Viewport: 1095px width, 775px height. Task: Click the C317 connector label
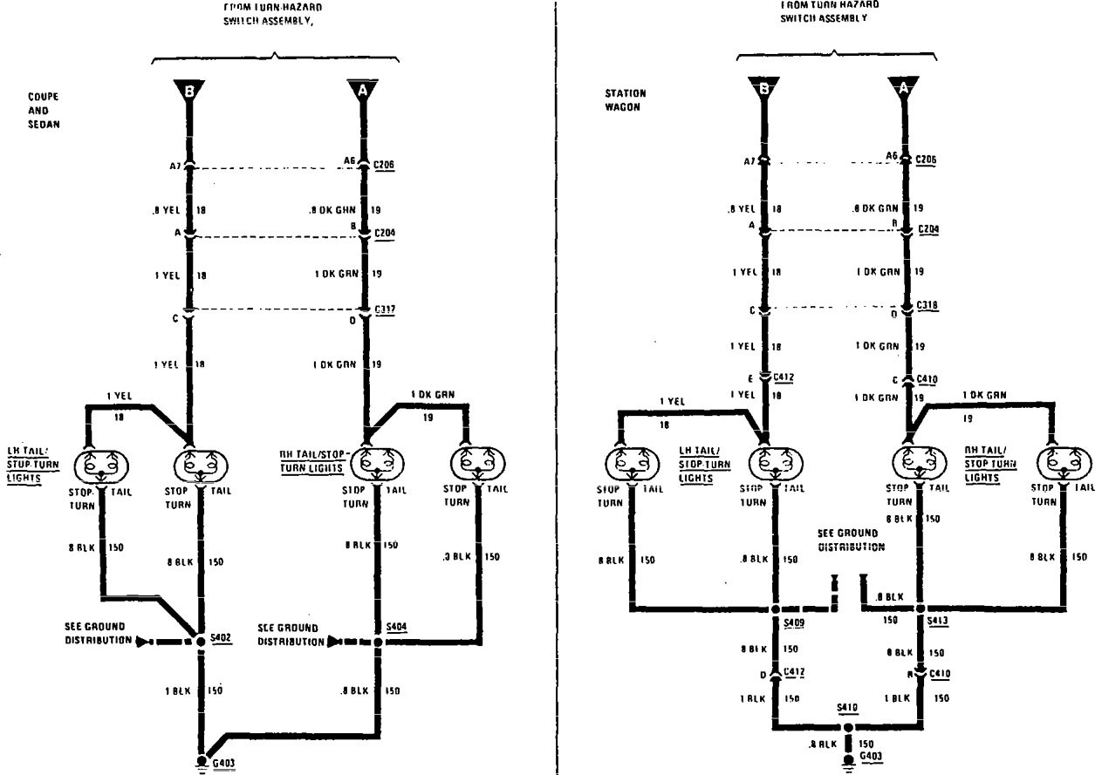385,309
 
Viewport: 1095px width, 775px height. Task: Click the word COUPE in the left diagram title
43,97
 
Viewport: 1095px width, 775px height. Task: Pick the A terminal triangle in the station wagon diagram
904,87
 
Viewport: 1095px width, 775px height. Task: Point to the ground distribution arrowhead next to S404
332,642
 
